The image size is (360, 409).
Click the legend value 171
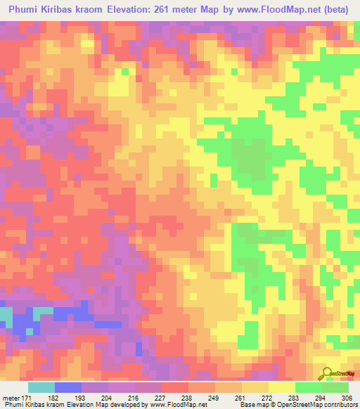coord(26,398)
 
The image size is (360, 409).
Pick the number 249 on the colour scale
coord(214,398)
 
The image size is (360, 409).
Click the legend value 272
coord(267,398)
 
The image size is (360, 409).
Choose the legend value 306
coord(347,398)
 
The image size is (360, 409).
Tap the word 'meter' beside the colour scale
coord(11,398)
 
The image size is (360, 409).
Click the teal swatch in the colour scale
coord(41,387)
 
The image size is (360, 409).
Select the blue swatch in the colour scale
coord(68,387)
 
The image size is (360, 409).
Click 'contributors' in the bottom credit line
coord(340,405)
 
